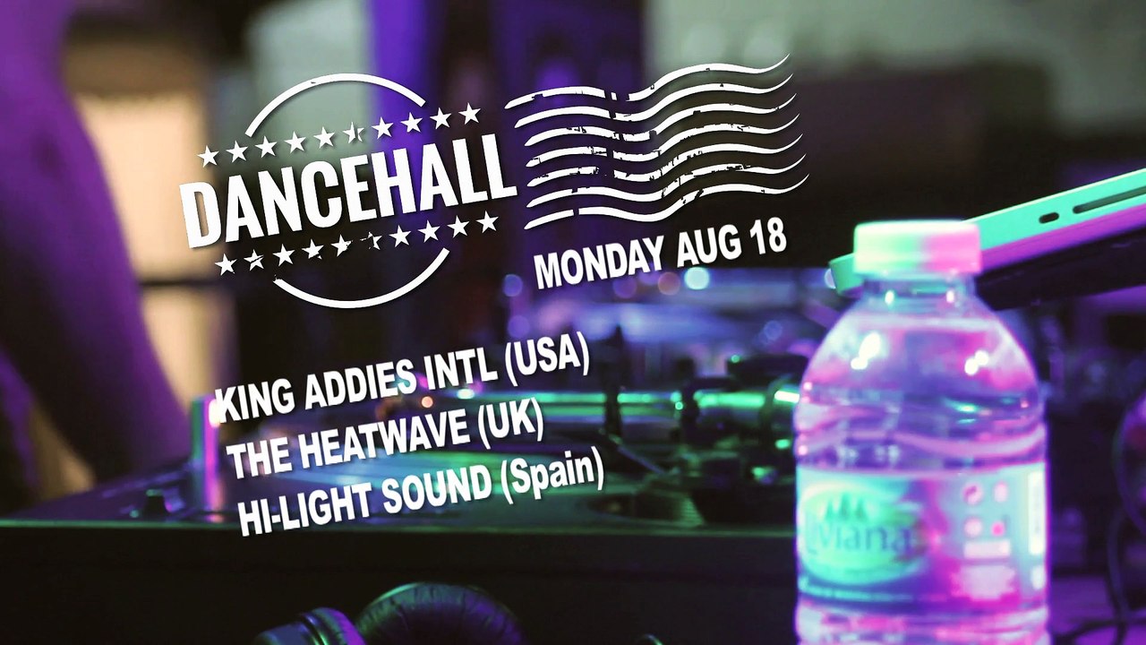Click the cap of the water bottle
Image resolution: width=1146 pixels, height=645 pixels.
[x=916, y=247]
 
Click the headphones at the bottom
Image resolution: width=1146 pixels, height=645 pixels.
[x=421, y=618]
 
